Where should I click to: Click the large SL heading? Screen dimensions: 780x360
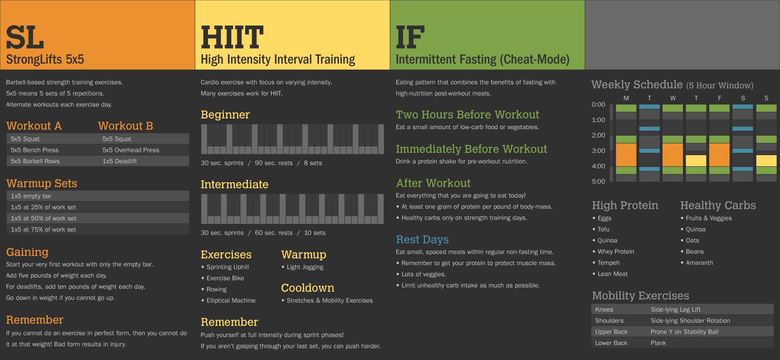pyautogui.click(x=25, y=38)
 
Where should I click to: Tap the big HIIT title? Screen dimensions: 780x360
pyautogui.click(x=232, y=38)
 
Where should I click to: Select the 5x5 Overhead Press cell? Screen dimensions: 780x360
pyautogui.click(x=130, y=150)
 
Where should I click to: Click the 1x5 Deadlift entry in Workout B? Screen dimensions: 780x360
pyautogui.click(x=119, y=161)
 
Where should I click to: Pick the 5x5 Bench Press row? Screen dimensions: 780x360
pyautogui.click(x=34, y=150)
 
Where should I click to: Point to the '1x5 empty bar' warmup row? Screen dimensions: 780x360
pyautogui.click(x=31, y=196)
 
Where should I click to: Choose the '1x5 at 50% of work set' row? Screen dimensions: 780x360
pyautogui.click(x=43, y=218)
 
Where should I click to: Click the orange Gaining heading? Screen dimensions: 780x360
pyautogui.click(x=27, y=252)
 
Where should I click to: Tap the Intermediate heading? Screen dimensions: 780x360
pyautogui.click(x=234, y=184)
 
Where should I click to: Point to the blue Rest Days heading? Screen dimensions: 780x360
pyautogui.click(x=422, y=239)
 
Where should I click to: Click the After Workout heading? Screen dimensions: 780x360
pyautogui.click(x=433, y=183)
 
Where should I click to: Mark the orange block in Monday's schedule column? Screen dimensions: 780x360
pyautogui.click(x=626, y=155)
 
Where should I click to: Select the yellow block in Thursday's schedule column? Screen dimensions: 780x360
pyautogui.click(x=696, y=161)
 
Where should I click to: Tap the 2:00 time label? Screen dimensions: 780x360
pyautogui.click(x=598, y=135)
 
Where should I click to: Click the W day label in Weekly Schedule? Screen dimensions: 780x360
pyautogui.click(x=673, y=98)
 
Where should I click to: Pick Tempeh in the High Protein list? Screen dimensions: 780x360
pyautogui.click(x=608, y=263)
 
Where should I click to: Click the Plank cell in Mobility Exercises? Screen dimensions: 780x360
pyautogui.click(x=658, y=343)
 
